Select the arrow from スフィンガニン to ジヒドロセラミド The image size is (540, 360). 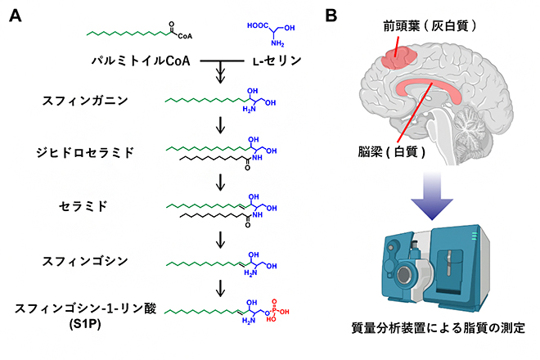(x=220, y=126)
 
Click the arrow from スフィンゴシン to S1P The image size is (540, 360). (x=220, y=288)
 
